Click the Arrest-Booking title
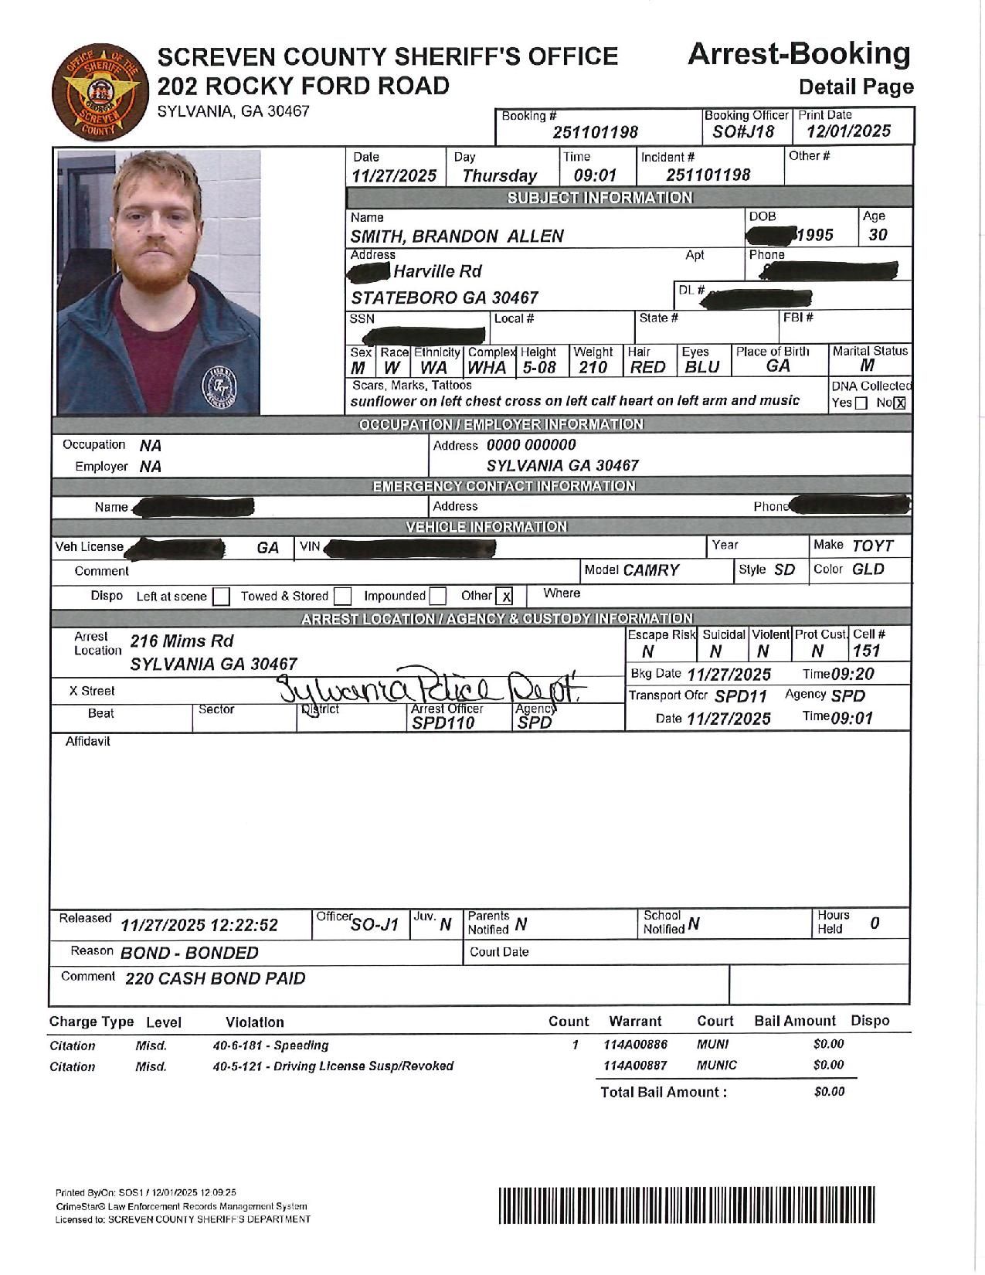click(799, 54)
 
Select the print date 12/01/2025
click(848, 131)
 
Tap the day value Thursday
click(499, 176)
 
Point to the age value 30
click(878, 235)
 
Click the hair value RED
click(647, 368)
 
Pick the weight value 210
click(593, 368)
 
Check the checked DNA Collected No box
click(899, 403)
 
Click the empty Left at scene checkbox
click(221, 597)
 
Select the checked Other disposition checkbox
click(505, 597)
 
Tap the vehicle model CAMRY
click(650, 570)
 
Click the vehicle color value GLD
click(868, 569)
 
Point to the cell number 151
click(867, 651)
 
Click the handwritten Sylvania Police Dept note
click(433, 684)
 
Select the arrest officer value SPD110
click(443, 723)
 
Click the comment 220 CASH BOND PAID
click(216, 979)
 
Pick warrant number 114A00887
click(634, 1066)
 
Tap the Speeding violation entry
click(270, 1045)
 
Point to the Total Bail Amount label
click(664, 1092)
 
